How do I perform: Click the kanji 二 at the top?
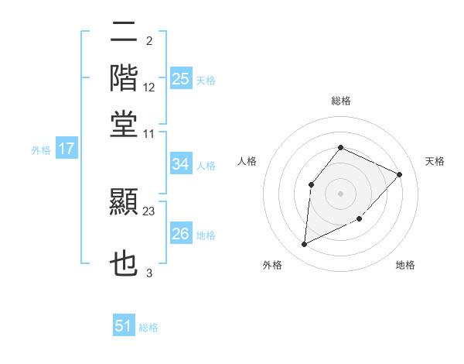[124, 33]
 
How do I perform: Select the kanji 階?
[124, 78]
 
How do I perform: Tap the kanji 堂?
[124, 123]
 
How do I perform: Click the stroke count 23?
[149, 211]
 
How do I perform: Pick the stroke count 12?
[149, 87]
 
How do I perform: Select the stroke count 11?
[149, 133]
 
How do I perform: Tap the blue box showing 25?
[181, 79]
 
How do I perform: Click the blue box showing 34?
[181, 164]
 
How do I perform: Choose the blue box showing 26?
[181, 234]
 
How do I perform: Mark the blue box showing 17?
[66, 149]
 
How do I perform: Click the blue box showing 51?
[124, 326]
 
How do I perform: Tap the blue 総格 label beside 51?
[148, 328]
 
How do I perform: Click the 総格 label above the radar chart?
[340, 101]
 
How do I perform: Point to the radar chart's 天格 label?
[435, 161]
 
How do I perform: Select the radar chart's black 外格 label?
[272, 266]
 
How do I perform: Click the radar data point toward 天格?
[399, 174]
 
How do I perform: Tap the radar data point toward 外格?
[304, 244]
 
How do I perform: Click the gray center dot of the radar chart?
[340, 193]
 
